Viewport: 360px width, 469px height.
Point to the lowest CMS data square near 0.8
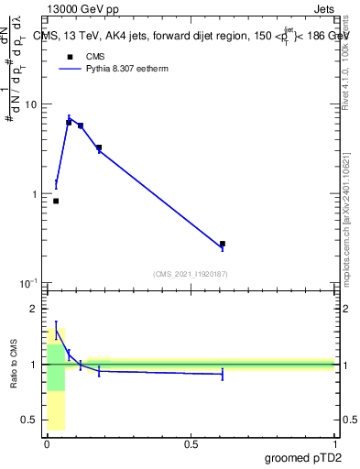tap(56, 201)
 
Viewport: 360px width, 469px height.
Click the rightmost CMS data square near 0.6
tap(223, 244)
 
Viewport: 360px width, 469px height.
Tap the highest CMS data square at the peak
tap(69, 122)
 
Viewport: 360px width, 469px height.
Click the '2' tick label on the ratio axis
tap(35, 309)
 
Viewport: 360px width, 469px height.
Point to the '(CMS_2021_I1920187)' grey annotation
tap(191, 274)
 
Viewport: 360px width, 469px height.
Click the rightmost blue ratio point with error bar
tap(223, 374)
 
